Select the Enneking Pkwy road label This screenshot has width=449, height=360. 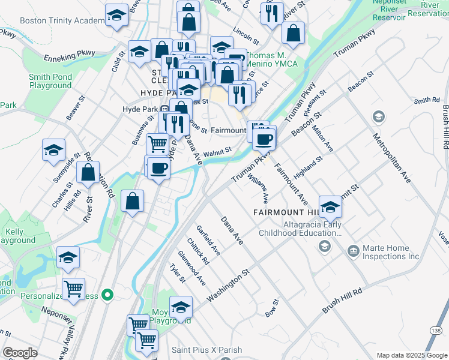tap(70, 58)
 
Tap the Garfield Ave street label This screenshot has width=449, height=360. tap(208, 241)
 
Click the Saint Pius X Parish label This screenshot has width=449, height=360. tap(206, 350)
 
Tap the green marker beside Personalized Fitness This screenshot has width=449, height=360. tap(107, 295)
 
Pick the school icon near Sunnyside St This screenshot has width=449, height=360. tap(53, 150)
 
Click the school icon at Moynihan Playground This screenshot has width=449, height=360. tap(181, 307)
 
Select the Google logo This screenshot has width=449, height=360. tap(20, 353)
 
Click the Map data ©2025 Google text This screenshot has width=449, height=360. tap(411, 355)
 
